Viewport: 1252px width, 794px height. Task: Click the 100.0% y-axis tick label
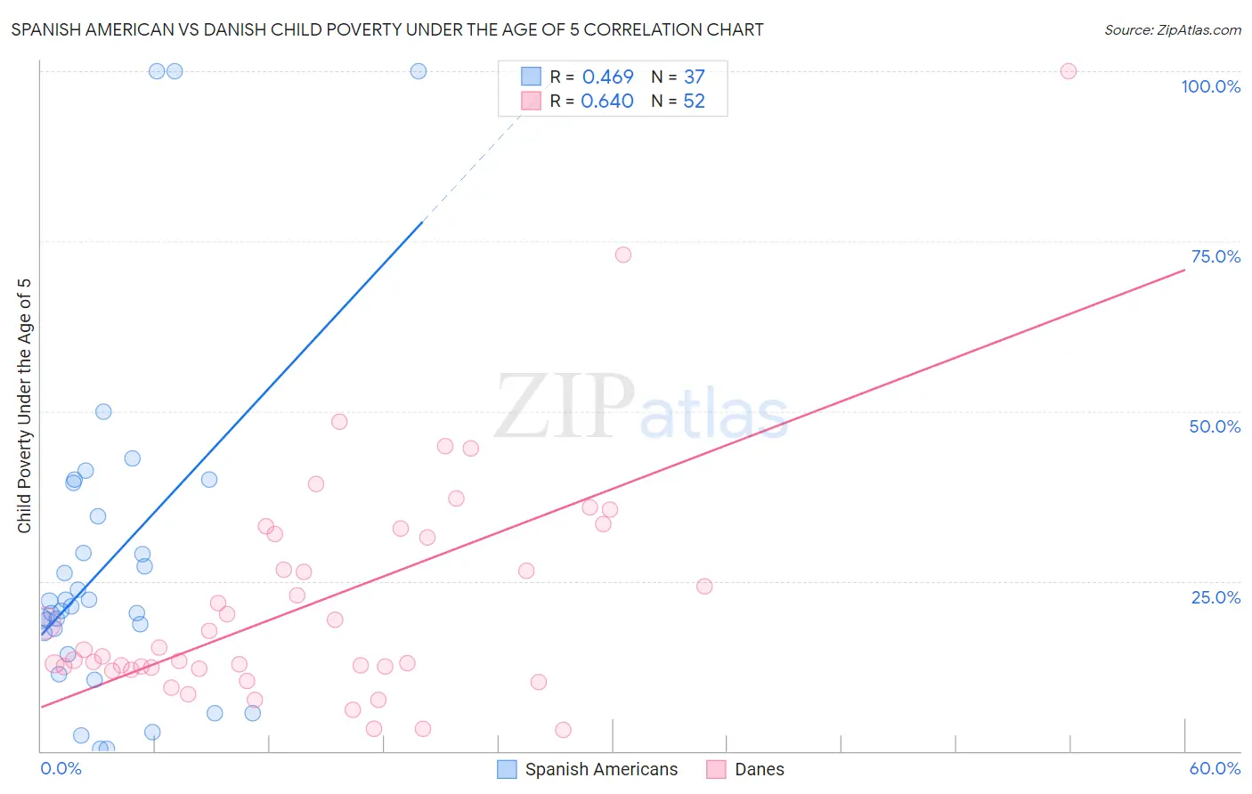click(x=1210, y=86)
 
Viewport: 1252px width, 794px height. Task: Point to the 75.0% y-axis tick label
click(x=1215, y=256)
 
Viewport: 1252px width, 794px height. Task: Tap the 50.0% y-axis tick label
click(x=1215, y=426)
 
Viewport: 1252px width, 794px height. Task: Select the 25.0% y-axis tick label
click(x=1215, y=597)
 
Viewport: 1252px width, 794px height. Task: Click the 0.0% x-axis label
click(x=61, y=768)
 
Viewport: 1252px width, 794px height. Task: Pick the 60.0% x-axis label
click(x=1215, y=768)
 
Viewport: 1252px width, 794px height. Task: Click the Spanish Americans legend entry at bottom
click(x=601, y=769)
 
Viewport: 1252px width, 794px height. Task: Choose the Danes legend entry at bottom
click(x=759, y=769)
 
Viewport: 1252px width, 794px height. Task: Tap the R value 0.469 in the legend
click(x=607, y=77)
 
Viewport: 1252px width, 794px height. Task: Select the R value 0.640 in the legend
click(x=607, y=101)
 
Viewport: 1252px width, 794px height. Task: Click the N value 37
click(x=694, y=77)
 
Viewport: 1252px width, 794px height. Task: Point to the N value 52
click(x=694, y=101)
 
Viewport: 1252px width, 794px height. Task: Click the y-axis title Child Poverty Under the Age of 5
click(x=25, y=406)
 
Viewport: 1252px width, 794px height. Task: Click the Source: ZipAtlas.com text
click(x=1172, y=30)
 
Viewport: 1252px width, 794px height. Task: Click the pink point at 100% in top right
click(x=1069, y=71)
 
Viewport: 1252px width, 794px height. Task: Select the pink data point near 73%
click(x=623, y=255)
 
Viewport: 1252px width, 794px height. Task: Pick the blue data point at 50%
click(x=103, y=411)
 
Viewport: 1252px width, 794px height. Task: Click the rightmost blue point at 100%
click(x=419, y=71)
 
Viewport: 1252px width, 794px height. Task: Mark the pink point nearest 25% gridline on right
click(x=704, y=586)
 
